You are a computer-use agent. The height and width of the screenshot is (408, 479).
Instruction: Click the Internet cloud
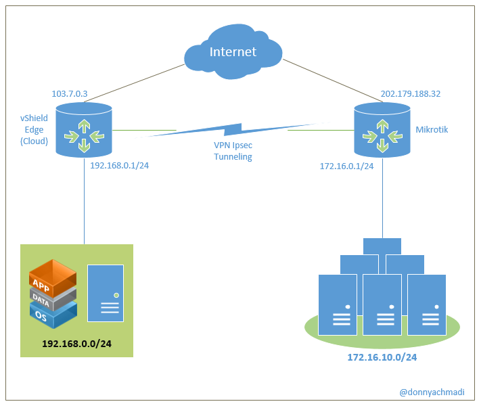point(233,50)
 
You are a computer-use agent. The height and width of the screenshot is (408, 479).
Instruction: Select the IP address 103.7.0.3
point(70,94)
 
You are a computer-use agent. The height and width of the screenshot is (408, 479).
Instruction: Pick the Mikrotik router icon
point(382,130)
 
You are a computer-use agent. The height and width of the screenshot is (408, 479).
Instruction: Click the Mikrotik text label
point(432,129)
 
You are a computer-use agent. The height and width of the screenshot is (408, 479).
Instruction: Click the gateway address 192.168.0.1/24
point(119,165)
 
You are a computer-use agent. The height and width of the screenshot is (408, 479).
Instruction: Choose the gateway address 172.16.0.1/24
point(346,166)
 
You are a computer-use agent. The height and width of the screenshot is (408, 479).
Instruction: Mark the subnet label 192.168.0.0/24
point(76,344)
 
